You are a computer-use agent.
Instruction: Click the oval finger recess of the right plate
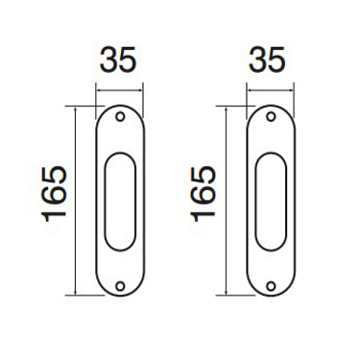click(x=271, y=202)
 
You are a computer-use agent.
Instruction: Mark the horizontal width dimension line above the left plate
click(x=120, y=90)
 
